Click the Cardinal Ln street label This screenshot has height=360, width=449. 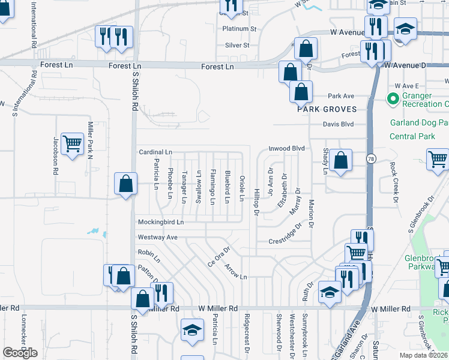click(x=155, y=152)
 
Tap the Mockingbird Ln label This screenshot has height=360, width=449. click(x=160, y=222)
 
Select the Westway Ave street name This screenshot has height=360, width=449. click(x=158, y=238)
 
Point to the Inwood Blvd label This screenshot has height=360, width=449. click(x=287, y=148)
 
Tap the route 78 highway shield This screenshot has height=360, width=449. click(x=372, y=158)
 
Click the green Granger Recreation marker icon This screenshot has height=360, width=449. click(x=394, y=98)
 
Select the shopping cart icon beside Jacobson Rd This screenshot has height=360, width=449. click(x=72, y=144)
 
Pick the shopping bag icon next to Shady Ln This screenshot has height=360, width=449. click(x=340, y=161)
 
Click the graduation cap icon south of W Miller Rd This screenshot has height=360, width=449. click(x=193, y=330)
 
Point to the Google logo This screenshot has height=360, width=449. click(x=20, y=353)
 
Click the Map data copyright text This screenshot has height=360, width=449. click(x=423, y=355)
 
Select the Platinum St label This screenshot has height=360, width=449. click(x=239, y=28)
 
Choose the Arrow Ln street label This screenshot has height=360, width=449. click(x=236, y=272)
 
